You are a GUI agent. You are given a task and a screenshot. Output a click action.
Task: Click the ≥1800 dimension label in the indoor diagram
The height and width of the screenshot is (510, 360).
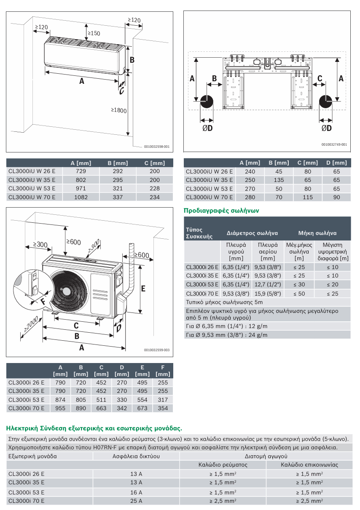pos(119,110)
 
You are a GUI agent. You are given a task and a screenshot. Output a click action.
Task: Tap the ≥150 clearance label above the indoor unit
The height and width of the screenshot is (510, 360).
pos(94,33)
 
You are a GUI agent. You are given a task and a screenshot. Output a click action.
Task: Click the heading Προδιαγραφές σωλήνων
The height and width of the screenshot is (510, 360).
pos(221,210)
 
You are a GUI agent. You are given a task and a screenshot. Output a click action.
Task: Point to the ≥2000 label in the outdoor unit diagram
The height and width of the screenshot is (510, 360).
pos(31,324)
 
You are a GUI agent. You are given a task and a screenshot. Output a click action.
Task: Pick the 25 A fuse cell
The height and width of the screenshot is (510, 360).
pos(136,501)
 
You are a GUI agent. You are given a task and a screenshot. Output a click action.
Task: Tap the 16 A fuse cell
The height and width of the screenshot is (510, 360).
pos(136,492)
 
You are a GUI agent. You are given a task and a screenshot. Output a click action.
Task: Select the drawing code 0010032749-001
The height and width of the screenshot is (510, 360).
pos(334,144)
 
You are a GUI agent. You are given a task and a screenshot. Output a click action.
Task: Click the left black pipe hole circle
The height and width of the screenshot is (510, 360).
pos(206,101)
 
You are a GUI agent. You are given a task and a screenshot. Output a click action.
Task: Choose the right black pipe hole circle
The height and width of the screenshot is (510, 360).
pos(326,101)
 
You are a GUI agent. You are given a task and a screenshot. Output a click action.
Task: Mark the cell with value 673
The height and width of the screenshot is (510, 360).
pos(142,408)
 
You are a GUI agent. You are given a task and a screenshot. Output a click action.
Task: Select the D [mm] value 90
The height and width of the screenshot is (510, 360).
pos(336,197)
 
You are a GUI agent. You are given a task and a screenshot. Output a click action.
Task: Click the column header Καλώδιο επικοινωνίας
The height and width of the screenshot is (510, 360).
pos(309,465)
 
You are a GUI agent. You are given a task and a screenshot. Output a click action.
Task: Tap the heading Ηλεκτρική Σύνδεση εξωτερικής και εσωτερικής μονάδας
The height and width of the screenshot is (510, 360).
pos(94,428)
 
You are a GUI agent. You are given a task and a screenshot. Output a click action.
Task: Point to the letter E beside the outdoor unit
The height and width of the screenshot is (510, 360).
pos(143,289)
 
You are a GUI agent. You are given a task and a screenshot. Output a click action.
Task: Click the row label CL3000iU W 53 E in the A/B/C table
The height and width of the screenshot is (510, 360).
pos(32,188)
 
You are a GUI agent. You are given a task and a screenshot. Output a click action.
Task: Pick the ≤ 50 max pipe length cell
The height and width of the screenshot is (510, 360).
pos(299,294)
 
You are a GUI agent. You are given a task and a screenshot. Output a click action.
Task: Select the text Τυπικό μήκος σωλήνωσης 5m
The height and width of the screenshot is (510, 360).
pos(224,302)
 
